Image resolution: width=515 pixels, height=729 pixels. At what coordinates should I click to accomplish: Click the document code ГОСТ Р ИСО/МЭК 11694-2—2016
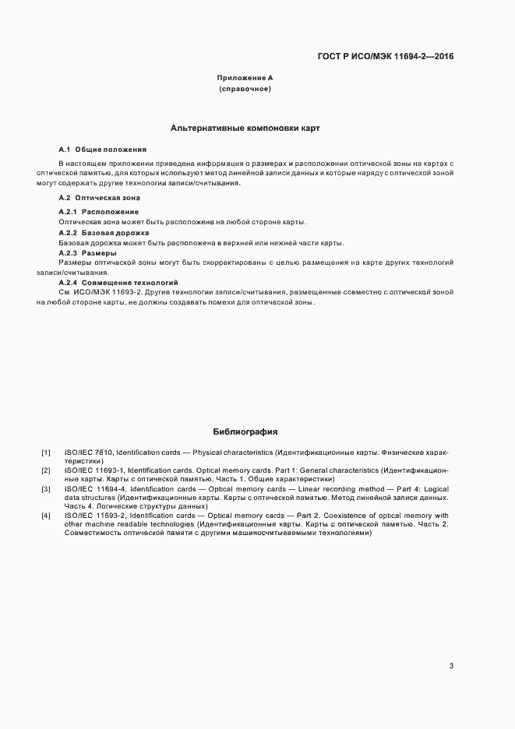point(387,57)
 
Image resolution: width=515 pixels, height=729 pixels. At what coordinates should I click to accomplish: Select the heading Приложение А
point(245,79)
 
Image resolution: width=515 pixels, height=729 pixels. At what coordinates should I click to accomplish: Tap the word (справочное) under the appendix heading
point(245,90)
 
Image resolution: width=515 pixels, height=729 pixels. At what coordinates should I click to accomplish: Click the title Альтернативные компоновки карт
point(245,127)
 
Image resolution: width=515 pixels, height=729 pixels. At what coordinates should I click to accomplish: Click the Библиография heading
point(245,431)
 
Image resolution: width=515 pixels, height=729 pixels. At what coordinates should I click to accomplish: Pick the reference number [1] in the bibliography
point(46,452)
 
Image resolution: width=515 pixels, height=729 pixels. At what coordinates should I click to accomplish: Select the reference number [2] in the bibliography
point(46,471)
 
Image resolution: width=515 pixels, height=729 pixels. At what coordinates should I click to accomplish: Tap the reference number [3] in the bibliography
point(46,489)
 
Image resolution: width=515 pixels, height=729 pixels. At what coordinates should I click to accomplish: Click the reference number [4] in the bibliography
point(46,516)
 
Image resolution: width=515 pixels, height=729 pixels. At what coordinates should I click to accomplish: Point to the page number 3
point(451,665)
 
